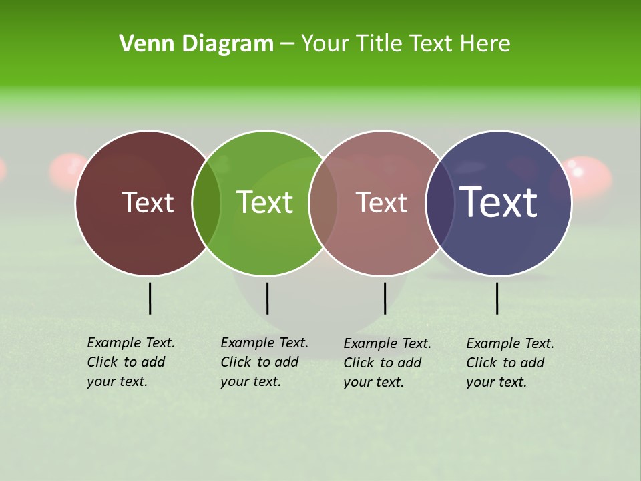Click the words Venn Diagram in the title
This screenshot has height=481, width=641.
196,44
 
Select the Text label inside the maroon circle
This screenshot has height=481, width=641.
148,203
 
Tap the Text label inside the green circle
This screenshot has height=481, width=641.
265,202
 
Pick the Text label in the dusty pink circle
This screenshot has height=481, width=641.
382,203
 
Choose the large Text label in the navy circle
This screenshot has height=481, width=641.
499,202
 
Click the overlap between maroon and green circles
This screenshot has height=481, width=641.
206,203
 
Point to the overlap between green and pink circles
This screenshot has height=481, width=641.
323,203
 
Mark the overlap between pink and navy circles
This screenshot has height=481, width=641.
440,203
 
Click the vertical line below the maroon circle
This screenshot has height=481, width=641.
150,298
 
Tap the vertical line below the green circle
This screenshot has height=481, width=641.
267,298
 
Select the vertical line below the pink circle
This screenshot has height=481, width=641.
385,298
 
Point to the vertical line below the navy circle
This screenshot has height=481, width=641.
497,298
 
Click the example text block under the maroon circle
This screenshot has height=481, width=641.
131,362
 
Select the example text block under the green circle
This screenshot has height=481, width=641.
264,362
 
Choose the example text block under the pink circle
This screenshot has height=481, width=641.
387,363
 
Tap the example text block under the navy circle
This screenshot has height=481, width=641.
510,363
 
